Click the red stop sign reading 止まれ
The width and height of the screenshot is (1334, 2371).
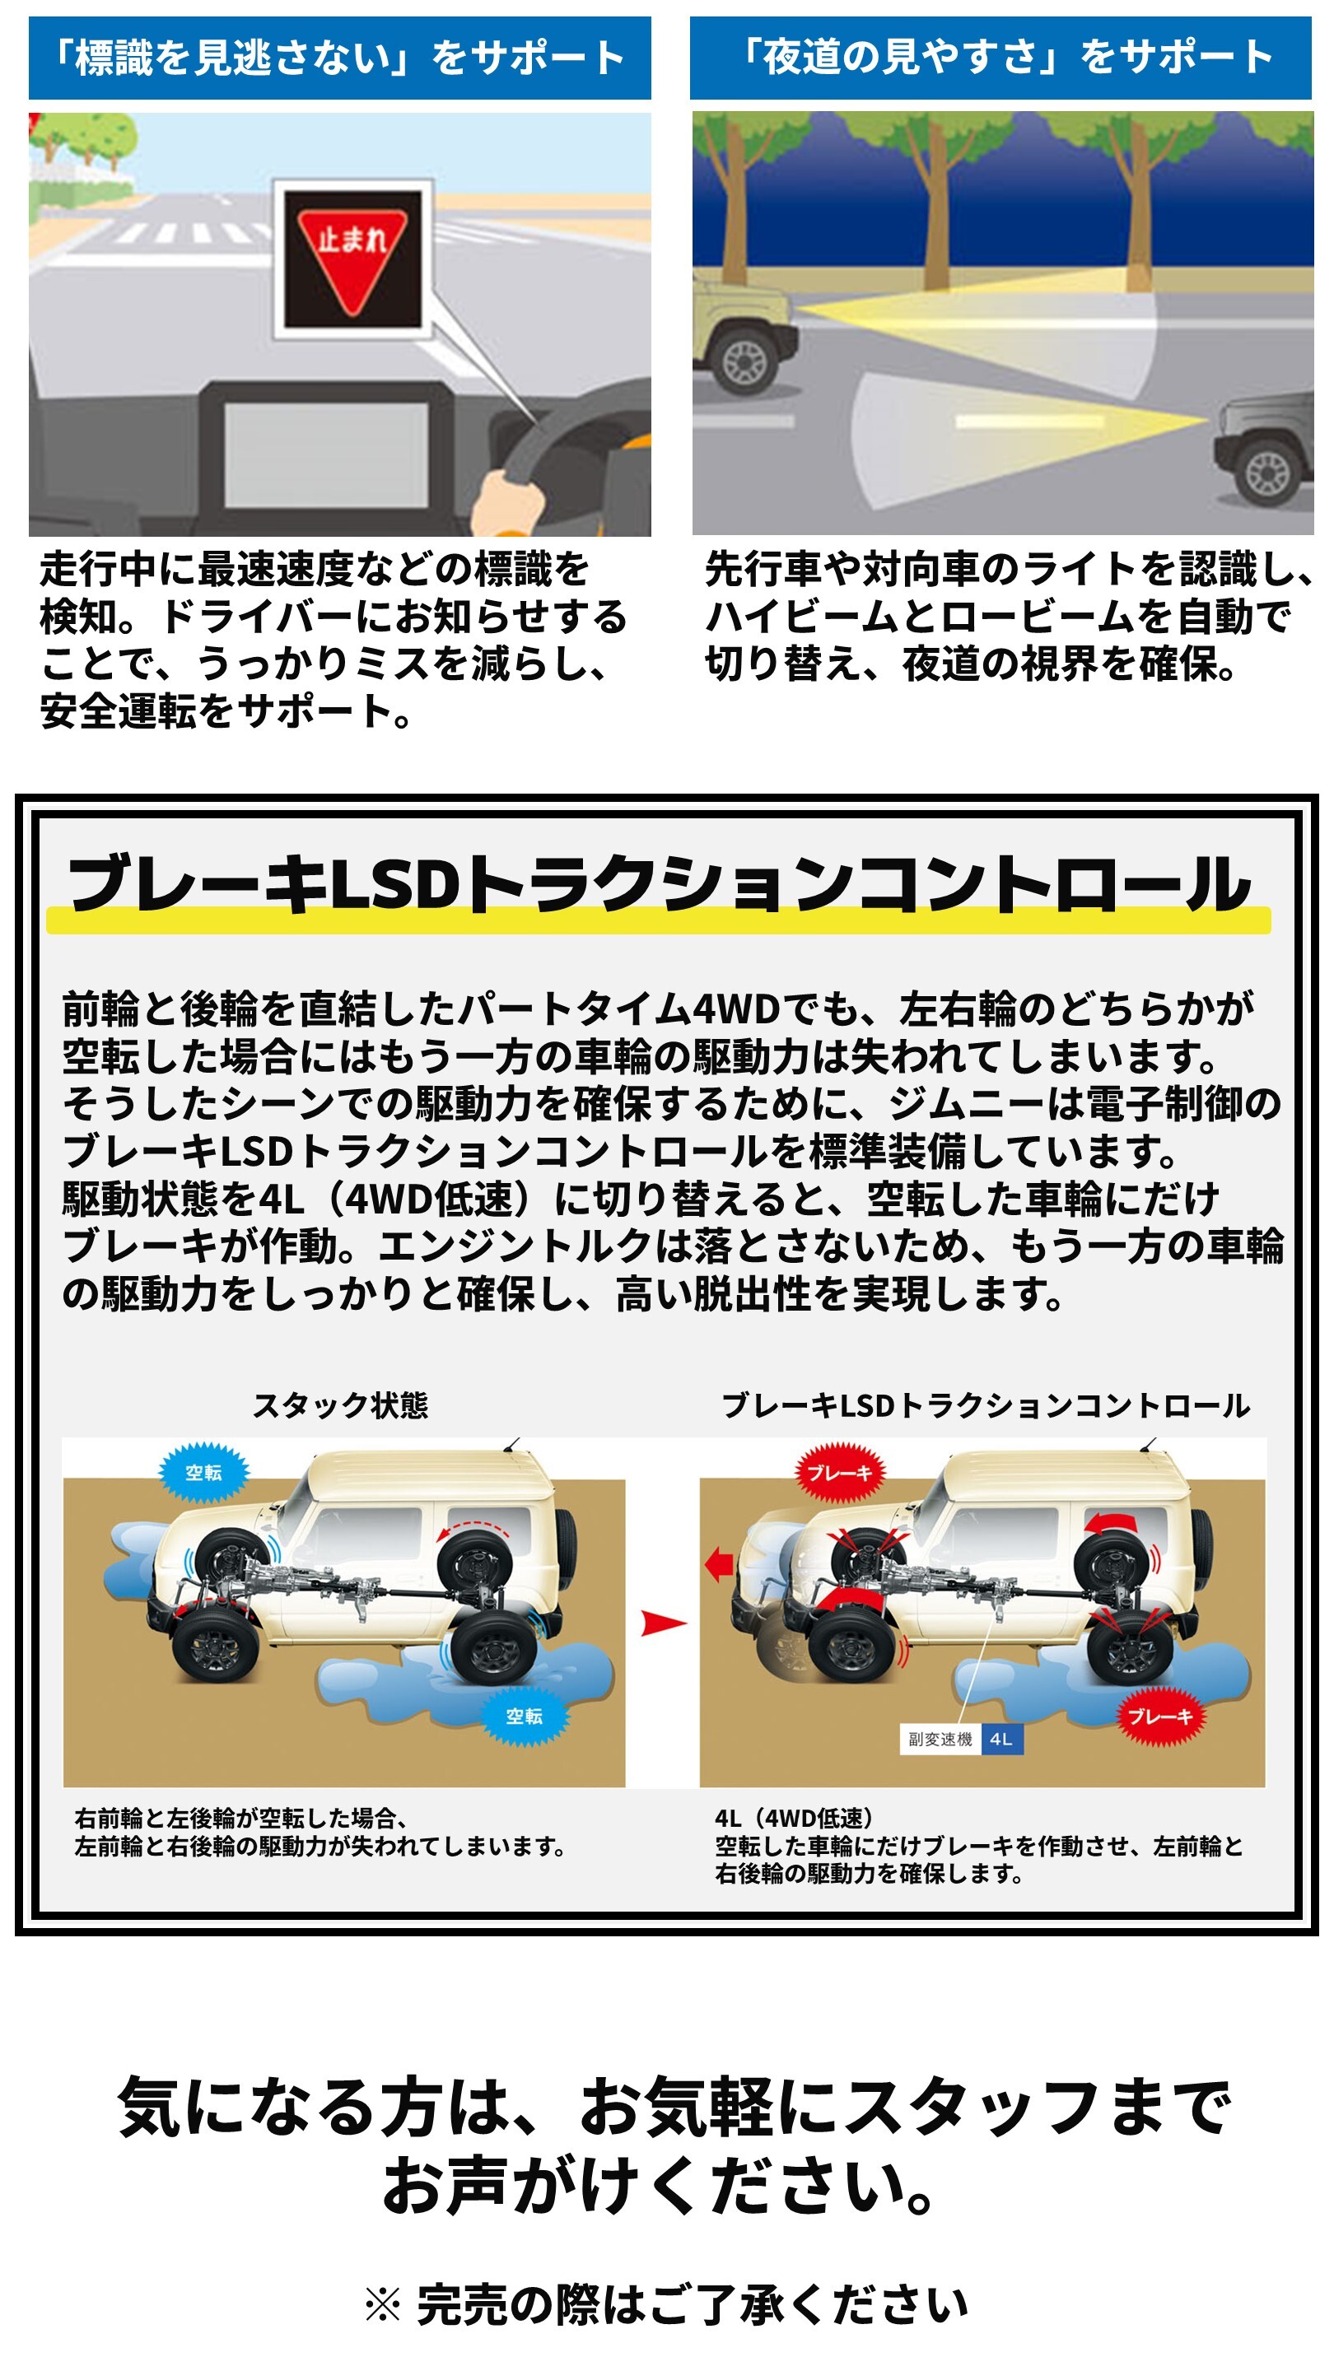[351, 259]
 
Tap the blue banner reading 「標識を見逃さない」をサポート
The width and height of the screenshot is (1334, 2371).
[340, 57]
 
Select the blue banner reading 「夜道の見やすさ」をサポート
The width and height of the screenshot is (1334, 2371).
[1000, 57]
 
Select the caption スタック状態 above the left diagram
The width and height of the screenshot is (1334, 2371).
[341, 1405]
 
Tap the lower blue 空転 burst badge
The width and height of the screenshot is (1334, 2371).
[524, 1717]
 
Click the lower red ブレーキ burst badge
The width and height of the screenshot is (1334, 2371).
[1160, 1717]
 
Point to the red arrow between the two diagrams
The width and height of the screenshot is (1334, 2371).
[663, 1623]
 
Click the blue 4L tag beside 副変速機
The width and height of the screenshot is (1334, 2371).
[1001, 1739]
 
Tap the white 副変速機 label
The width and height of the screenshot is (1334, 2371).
[940, 1739]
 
